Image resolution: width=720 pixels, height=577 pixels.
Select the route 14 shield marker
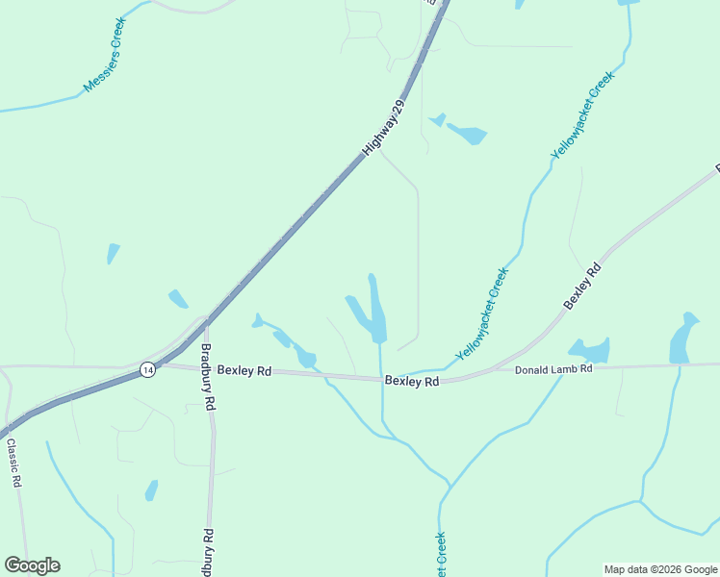146,369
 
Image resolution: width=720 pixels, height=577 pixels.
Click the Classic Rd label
13,464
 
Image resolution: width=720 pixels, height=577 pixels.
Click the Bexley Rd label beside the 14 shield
244,370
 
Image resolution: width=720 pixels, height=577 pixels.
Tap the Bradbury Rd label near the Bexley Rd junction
206,378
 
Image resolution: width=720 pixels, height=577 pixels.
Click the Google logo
32,565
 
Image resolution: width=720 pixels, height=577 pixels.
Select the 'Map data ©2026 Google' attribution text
659,569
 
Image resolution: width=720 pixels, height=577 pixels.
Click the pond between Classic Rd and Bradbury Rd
151,490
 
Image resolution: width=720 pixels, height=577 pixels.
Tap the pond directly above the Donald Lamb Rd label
590,349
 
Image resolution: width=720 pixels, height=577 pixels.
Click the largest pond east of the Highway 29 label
466,133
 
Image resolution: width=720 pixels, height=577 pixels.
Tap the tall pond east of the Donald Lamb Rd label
684,338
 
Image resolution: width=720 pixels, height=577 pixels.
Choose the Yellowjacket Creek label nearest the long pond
482,314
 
